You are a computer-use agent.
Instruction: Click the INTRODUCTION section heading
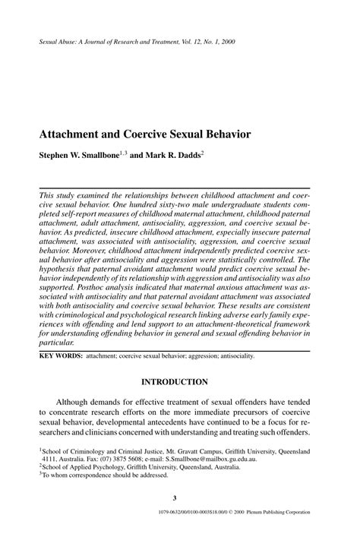click(x=180, y=381)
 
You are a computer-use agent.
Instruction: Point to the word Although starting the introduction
click(x=82, y=403)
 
